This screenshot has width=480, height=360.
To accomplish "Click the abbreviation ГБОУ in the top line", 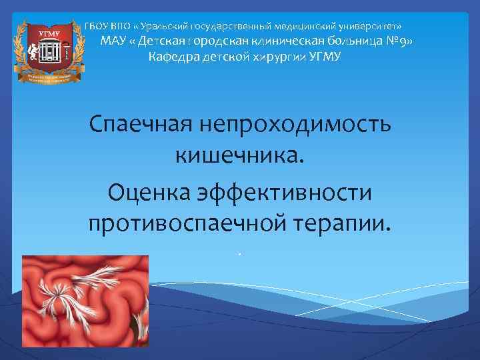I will [97, 26].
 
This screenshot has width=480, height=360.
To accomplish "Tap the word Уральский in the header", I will [163, 26].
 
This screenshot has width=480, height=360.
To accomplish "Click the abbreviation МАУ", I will [114, 41].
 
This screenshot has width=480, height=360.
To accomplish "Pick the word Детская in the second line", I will [164, 41].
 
